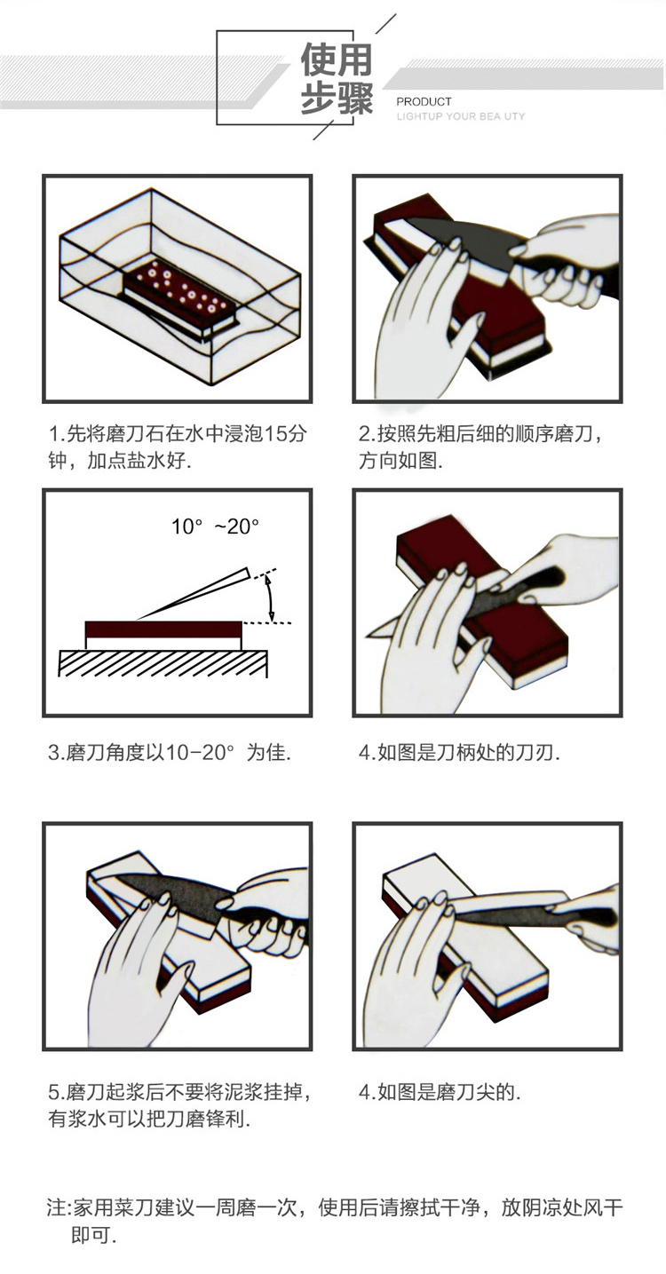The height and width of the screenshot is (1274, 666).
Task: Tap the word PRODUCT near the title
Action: [424, 102]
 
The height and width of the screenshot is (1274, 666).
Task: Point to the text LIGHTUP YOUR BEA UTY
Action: [461, 117]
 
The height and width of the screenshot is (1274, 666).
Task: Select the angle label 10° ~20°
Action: [215, 526]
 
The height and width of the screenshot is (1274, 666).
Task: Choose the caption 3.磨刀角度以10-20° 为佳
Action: [170, 753]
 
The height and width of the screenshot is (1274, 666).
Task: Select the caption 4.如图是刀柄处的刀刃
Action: [459, 753]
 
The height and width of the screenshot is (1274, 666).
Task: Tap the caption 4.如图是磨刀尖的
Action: [440, 1092]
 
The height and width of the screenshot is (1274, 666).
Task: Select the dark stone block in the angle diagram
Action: [163, 630]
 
